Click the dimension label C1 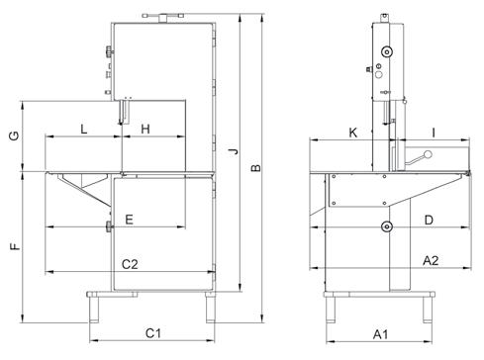pyautogui.click(x=153, y=333)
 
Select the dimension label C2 pyautogui.click(x=130, y=264)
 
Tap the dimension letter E pyautogui.click(x=130, y=220)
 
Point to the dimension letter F pyautogui.click(x=15, y=246)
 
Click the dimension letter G pyautogui.click(x=15, y=135)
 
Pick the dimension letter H pyautogui.click(x=145, y=129)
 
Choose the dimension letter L pyautogui.click(x=84, y=129)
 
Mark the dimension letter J pyautogui.click(x=234, y=151)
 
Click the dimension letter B pyautogui.click(x=256, y=168)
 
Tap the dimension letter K pyautogui.click(x=353, y=133)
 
